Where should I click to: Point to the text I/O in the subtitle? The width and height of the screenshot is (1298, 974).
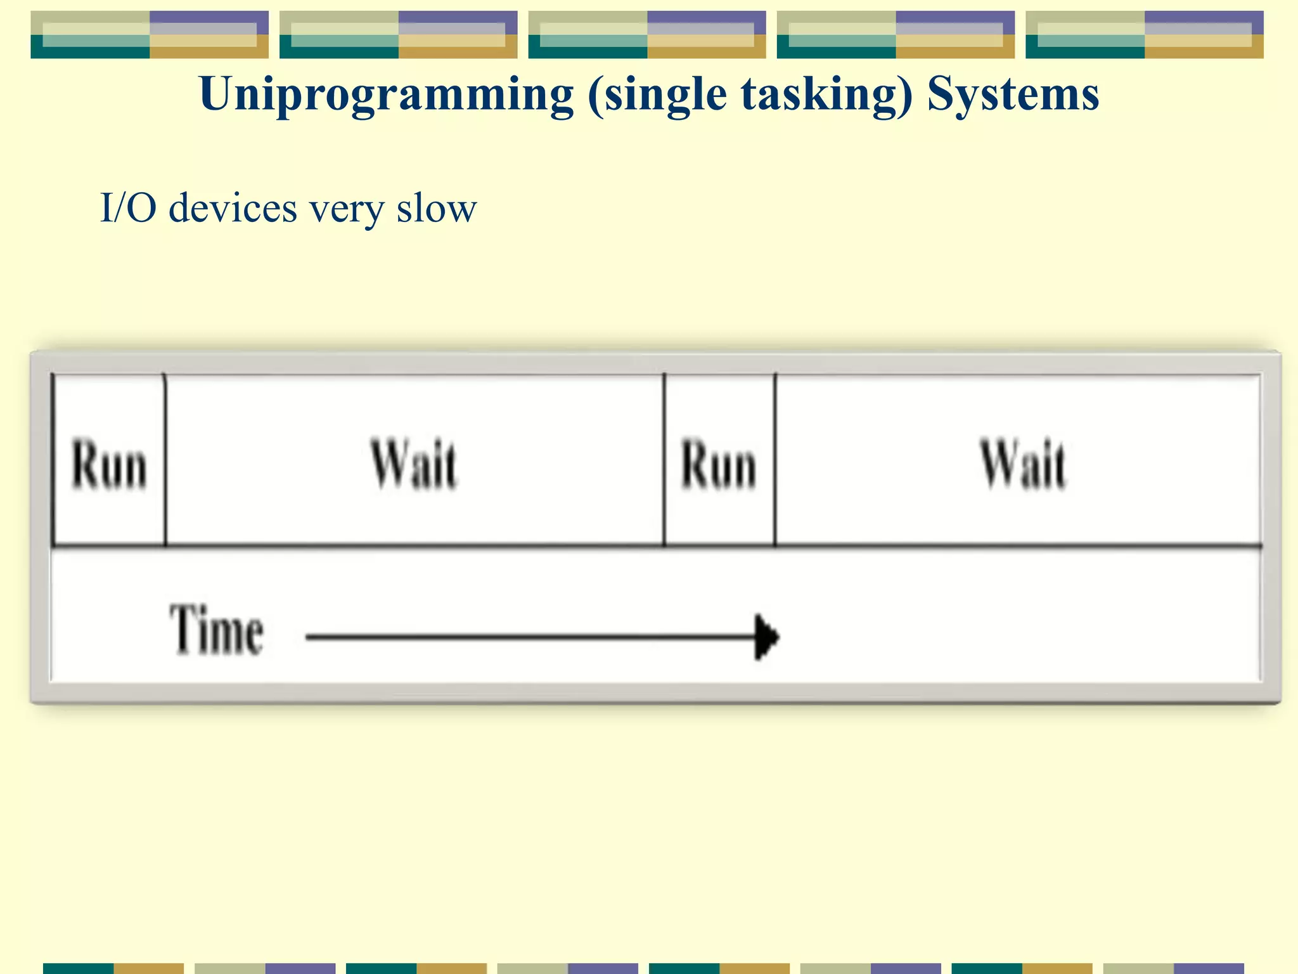pyautogui.click(x=128, y=208)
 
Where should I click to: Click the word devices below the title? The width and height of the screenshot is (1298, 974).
pyautogui.click(x=233, y=208)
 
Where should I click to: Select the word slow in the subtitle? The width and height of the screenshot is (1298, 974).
pyautogui.click(x=436, y=208)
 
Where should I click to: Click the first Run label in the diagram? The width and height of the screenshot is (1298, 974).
pyautogui.click(x=109, y=465)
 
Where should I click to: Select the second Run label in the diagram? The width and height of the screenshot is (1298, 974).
pyautogui.click(x=719, y=465)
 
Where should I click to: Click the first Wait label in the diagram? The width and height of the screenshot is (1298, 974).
pyautogui.click(x=414, y=465)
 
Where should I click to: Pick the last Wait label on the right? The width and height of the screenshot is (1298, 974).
pyautogui.click(x=1023, y=465)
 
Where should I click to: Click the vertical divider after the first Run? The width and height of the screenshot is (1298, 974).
pyautogui.click(x=165, y=460)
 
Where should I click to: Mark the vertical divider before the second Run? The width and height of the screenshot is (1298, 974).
pyautogui.click(x=664, y=460)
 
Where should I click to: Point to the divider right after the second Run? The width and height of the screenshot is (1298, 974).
pyautogui.click(x=774, y=460)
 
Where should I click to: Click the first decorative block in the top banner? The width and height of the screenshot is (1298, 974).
pyautogui.click(x=150, y=35)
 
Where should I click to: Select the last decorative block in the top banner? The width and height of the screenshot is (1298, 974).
pyautogui.click(x=1144, y=35)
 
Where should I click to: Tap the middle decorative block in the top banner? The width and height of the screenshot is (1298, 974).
pyautogui.click(x=647, y=35)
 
